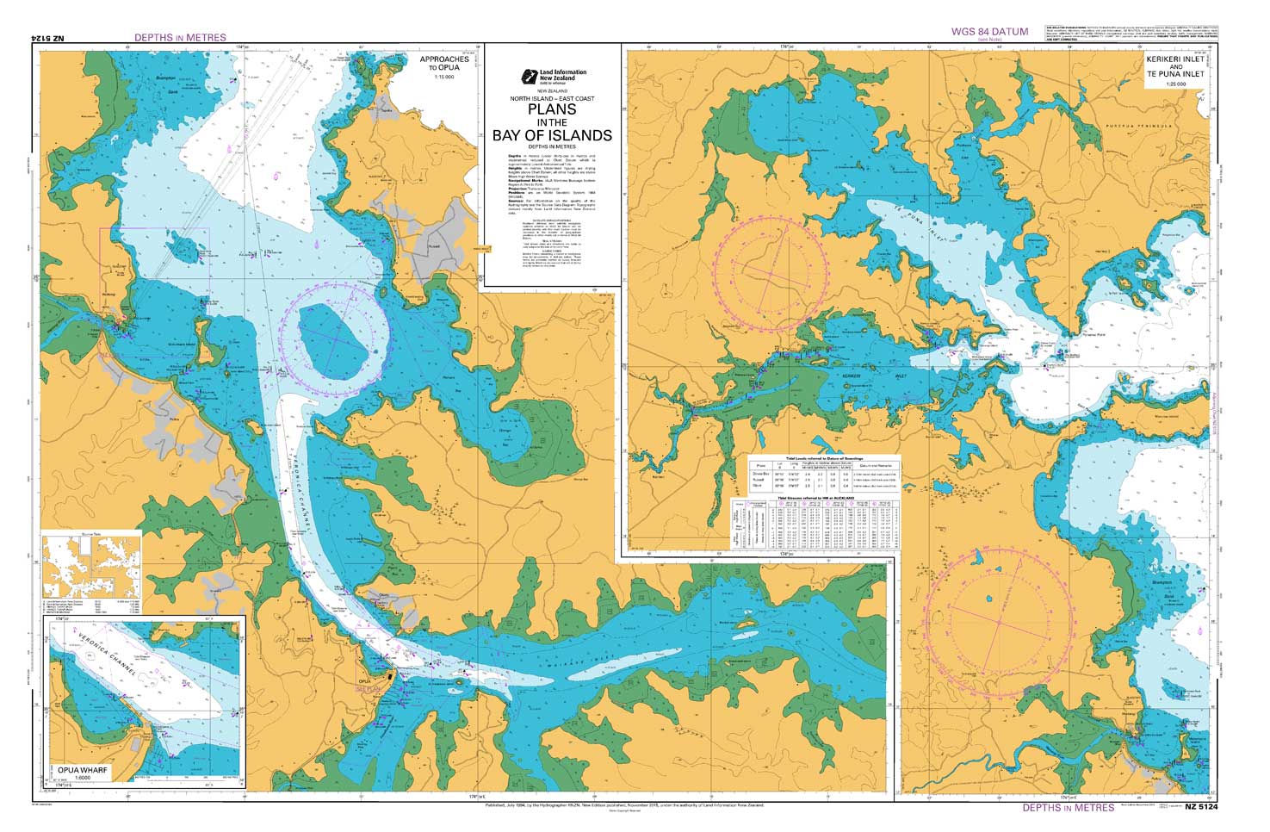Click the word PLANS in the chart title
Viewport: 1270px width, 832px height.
pos(552,109)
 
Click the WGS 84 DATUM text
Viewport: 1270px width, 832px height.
pos(989,32)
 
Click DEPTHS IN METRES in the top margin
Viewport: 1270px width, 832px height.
pos(180,38)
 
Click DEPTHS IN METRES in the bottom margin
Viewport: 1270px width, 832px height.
pos(1069,808)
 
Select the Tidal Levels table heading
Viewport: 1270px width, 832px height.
pos(825,459)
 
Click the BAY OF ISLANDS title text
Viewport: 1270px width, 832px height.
pos(552,135)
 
